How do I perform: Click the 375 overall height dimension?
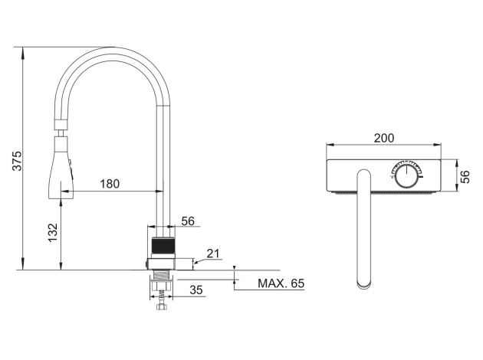pyautogui.click(x=17, y=161)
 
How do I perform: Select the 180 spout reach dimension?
pyautogui.click(x=110, y=184)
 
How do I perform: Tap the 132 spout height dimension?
pyautogui.click(x=53, y=233)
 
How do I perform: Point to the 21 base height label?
pyautogui.click(x=213, y=254)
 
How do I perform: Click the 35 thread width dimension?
pyautogui.click(x=196, y=290)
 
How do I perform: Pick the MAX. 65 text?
pyautogui.click(x=281, y=283)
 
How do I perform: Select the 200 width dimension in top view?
pyautogui.click(x=384, y=138)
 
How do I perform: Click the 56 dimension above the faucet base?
pyautogui.click(x=188, y=221)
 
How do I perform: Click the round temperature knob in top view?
pyautogui.click(x=406, y=176)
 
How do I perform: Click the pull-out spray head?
pyautogui.click(x=61, y=168)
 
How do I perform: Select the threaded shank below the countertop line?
pyautogui.click(x=161, y=273)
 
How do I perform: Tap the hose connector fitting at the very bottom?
pyautogui.click(x=161, y=306)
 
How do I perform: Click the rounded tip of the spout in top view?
pyautogui.click(x=364, y=284)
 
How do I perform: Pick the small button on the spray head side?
pyautogui.click(x=70, y=162)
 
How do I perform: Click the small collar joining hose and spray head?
pyautogui.click(x=61, y=125)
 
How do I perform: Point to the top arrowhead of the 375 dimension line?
pyautogui.click(x=22, y=52)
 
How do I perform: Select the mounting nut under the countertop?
pyautogui.click(x=161, y=283)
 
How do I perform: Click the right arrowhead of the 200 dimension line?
pyautogui.click(x=438, y=144)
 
